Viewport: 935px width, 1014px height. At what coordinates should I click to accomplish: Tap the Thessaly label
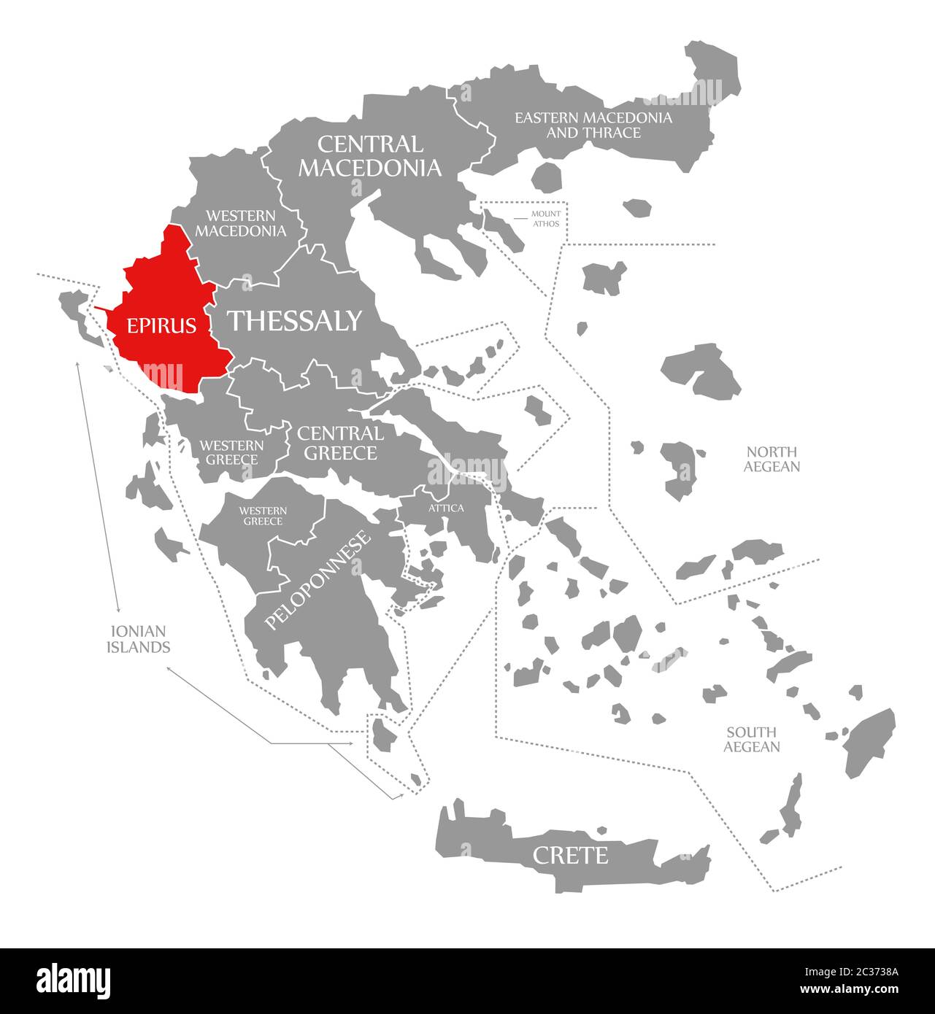point(295,320)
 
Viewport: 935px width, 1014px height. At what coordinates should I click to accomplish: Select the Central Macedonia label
point(369,156)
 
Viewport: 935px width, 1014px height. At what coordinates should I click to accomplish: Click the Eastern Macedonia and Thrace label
point(593,125)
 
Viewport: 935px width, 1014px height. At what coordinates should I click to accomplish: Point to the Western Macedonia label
point(240,223)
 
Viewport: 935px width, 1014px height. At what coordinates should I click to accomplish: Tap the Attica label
point(445,508)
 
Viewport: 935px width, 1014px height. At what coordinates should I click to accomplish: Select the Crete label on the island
point(570,855)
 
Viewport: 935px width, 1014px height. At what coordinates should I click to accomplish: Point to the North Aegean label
point(772,459)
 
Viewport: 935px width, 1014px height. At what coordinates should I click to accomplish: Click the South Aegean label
point(751,739)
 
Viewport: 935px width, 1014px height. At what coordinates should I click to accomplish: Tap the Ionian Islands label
point(138,639)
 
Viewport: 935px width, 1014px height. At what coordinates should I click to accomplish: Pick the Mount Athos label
point(545,218)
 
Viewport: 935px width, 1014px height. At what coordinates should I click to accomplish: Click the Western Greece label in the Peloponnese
point(263,516)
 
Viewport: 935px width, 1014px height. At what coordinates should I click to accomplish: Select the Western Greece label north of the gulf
point(231,452)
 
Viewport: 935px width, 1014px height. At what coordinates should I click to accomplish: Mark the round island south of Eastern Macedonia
point(547,176)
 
